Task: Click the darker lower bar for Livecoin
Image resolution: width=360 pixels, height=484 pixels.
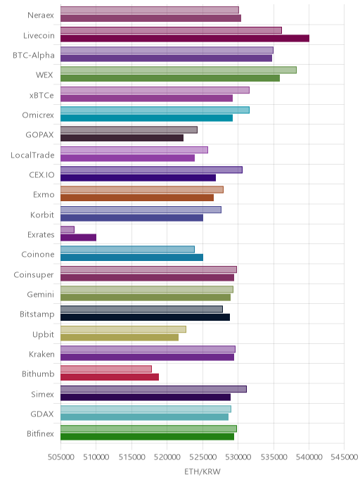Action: pyautogui.click(x=185, y=38)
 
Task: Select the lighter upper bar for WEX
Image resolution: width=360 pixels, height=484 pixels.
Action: pyautogui.click(x=179, y=70)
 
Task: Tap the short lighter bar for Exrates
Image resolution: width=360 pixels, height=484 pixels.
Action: pyautogui.click(x=67, y=229)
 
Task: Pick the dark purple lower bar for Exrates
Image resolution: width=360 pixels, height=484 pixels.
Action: pyautogui.click(x=78, y=237)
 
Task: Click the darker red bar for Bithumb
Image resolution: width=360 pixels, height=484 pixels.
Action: pyautogui.click(x=110, y=377)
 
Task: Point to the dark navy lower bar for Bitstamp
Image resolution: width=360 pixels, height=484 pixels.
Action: pyautogui.click(x=145, y=317)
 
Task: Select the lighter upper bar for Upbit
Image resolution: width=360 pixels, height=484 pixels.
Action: pyautogui.click(x=123, y=329)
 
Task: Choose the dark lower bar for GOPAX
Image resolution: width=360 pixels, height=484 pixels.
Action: pyautogui.click(x=122, y=138)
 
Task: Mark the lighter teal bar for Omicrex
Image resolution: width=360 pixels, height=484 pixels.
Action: pyautogui.click(x=155, y=110)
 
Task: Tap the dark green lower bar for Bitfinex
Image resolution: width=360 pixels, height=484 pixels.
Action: pyautogui.click(x=147, y=436)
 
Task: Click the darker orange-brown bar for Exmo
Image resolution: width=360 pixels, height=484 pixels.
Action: pyautogui.click(x=137, y=198)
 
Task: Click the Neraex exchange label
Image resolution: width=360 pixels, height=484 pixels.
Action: pyautogui.click(x=41, y=15)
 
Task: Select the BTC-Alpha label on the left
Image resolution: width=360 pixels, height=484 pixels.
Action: pyautogui.click(x=34, y=56)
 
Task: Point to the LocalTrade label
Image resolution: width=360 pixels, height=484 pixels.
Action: pyautogui.click(x=32, y=155)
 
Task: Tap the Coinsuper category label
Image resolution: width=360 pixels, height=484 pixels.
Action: pyautogui.click(x=34, y=275)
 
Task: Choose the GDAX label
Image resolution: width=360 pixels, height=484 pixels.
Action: pyautogui.click(x=42, y=414)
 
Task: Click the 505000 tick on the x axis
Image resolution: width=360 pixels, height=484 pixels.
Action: pyautogui.click(x=60, y=457)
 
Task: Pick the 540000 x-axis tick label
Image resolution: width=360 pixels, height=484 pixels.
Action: pyautogui.click(x=309, y=457)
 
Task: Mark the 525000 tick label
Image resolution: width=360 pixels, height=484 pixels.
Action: pyautogui.click(x=202, y=457)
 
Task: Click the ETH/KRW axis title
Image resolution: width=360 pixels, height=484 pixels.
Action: pyautogui.click(x=202, y=471)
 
